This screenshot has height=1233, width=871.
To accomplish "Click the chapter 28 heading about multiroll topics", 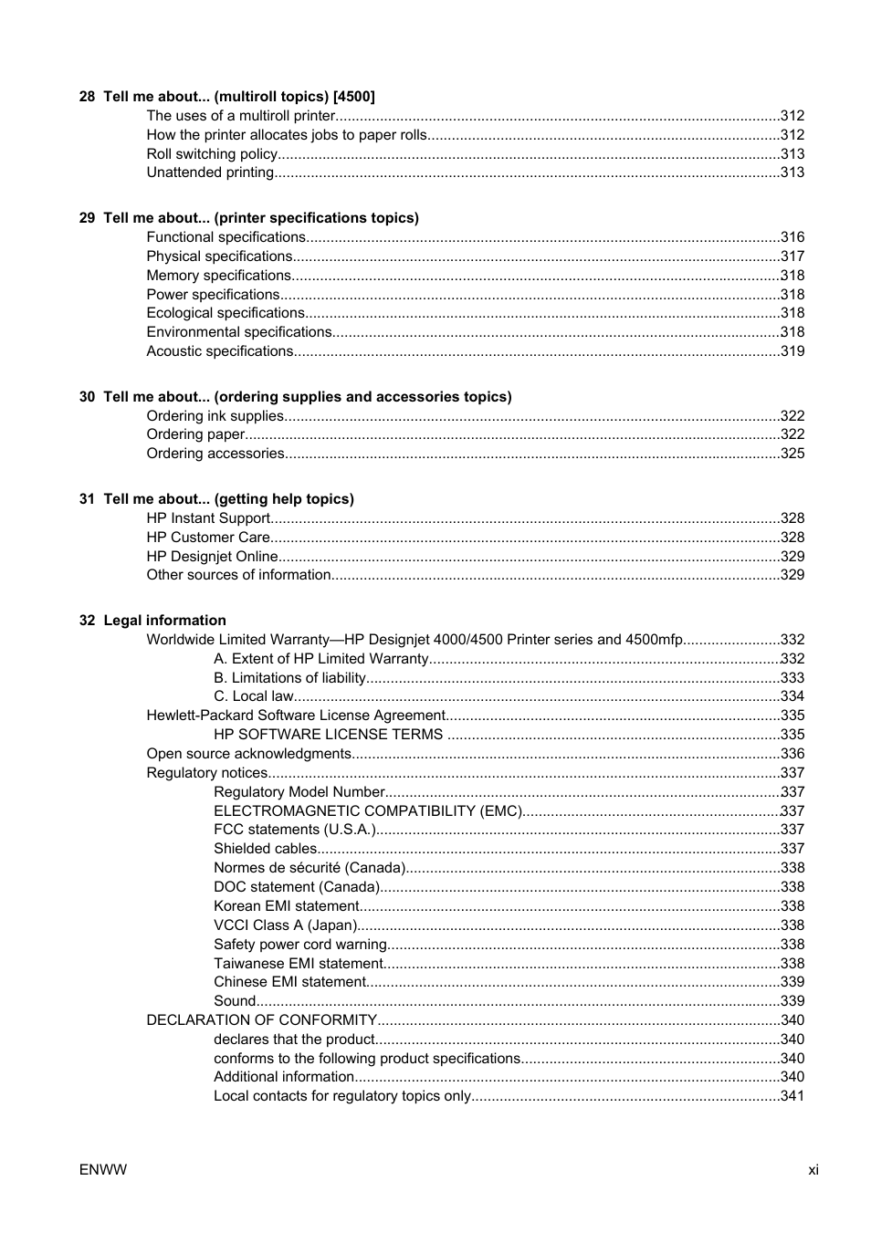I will pyautogui.click(x=226, y=97).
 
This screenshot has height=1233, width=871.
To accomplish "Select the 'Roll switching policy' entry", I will pyautogui.click(x=212, y=154).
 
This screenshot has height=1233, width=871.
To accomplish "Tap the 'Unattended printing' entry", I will pyautogui.click(x=210, y=172).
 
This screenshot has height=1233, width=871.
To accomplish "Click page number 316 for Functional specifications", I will pyautogui.click(x=792, y=237).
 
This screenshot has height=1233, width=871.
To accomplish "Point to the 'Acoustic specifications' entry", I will pyautogui.click(x=219, y=351).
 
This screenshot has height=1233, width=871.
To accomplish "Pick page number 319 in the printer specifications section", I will pyautogui.click(x=792, y=351).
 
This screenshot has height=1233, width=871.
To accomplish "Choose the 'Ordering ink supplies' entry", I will pyautogui.click(x=215, y=416).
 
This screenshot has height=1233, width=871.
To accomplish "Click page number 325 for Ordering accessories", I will pyautogui.click(x=792, y=454).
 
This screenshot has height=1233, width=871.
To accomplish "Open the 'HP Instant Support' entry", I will pyautogui.click(x=208, y=518).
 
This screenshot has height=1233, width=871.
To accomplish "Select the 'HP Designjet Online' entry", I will pyautogui.click(x=212, y=557).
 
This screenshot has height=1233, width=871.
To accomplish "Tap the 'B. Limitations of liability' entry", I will pyautogui.click(x=289, y=678).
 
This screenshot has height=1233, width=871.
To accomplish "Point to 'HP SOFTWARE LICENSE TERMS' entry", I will pyautogui.click(x=328, y=735).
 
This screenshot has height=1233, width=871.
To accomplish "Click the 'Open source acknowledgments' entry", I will pyautogui.click(x=248, y=754).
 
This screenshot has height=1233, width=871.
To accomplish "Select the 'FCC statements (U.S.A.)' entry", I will pyautogui.click(x=295, y=830).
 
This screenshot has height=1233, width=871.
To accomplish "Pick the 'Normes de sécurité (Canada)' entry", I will pyautogui.click(x=310, y=868).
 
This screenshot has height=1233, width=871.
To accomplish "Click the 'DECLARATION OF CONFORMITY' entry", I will pyautogui.click(x=261, y=1020).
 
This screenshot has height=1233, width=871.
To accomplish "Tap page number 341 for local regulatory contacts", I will pyautogui.click(x=792, y=1096).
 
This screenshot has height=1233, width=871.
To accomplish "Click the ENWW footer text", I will pyautogui.click(x=103, y=1170).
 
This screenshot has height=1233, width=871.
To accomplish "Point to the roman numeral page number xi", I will pyautogui.click(x=813, y=1170).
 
